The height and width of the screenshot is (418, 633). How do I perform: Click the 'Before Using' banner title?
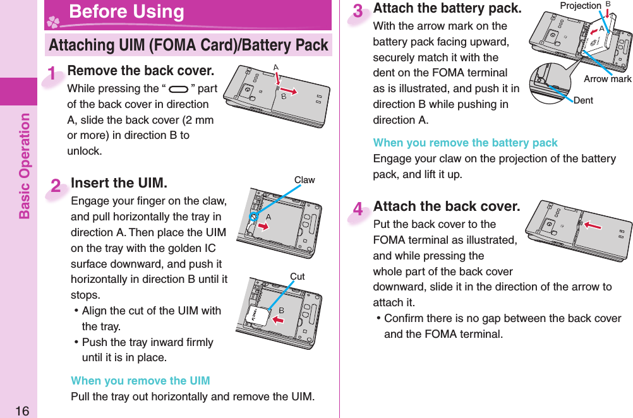pyautogui.click(x=126, y=12)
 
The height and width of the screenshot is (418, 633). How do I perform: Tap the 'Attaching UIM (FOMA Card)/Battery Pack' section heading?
pyautogui.click(x=188, y=45)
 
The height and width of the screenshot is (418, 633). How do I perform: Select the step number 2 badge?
pyautogui.click(x=56, y=186)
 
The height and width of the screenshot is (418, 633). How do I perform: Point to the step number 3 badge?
pyautogui.click(x=358, y=13)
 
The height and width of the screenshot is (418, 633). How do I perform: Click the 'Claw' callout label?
pyautogui.click(x=304, y=180)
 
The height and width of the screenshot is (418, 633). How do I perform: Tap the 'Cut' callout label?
pyautogui.click(x=297, y=277)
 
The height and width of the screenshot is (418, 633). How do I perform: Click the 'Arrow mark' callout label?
pyautogui.click(x=607, y=79)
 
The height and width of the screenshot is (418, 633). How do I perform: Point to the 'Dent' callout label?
pyautogui.click(x=583, y=100)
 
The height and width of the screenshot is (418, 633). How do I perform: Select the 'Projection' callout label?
pyautogui.click(x=581, y=6)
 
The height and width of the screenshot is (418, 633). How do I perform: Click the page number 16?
pyautogui.click(x=21, y=410)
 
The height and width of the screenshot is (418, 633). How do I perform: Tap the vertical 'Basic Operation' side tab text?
pyautogui.click(x=24, y=165)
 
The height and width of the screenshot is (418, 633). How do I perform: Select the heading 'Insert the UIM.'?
pyautogui.click(x=119, y=183)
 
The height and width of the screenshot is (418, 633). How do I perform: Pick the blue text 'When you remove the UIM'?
pyautogui.click(x=140, y=381)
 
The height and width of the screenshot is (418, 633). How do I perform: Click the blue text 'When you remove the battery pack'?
pyautogui.click(x=465, y=143)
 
